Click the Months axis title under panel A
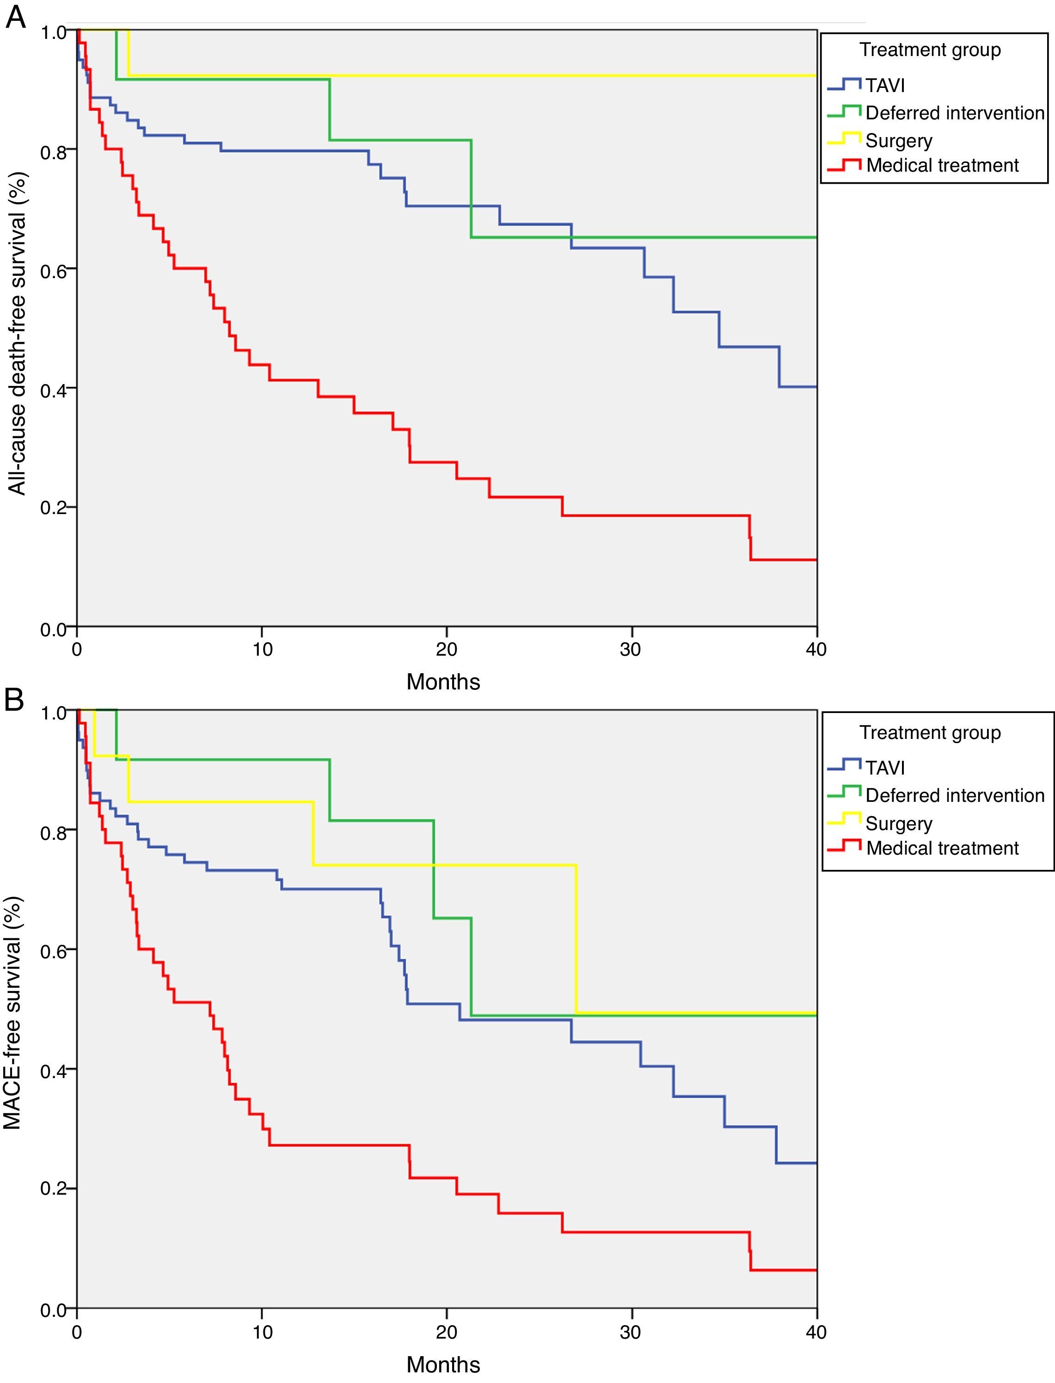tap(443, 682)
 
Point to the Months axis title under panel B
tap(443, 1365)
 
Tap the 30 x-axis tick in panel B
tap(631, 1332)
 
